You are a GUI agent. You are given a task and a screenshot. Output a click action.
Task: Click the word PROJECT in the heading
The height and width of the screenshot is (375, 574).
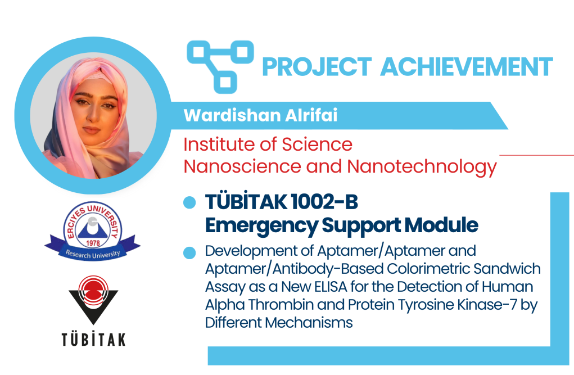317,67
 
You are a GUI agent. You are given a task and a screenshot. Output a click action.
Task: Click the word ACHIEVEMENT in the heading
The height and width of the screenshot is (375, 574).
467,67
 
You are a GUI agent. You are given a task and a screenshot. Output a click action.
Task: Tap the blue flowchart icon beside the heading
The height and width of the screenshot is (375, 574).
220,66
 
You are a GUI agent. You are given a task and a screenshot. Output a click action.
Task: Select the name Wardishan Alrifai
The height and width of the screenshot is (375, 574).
261,115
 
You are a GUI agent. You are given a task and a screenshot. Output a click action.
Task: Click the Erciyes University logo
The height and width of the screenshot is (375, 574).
93,231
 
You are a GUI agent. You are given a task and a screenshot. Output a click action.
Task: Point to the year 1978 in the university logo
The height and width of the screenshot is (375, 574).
93,243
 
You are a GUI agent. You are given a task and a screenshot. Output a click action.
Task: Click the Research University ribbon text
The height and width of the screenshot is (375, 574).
93,254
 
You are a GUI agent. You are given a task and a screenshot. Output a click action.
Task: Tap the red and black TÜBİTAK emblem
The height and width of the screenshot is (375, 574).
93,300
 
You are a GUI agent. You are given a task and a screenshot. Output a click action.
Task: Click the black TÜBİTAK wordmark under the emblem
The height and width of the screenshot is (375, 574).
93,339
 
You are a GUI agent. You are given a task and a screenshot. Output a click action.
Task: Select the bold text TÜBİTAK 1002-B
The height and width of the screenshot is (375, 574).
282,202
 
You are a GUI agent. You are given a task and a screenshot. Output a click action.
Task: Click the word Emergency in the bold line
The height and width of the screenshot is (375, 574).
261,225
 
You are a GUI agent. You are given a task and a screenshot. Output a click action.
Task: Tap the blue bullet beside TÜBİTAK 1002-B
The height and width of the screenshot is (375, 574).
189,202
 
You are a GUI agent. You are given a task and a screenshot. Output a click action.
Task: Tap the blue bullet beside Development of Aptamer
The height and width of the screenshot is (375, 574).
189,252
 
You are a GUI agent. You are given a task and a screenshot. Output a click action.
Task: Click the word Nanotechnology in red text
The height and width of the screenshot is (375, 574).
422,167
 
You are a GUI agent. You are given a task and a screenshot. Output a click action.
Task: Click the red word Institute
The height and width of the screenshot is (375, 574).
219,144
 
